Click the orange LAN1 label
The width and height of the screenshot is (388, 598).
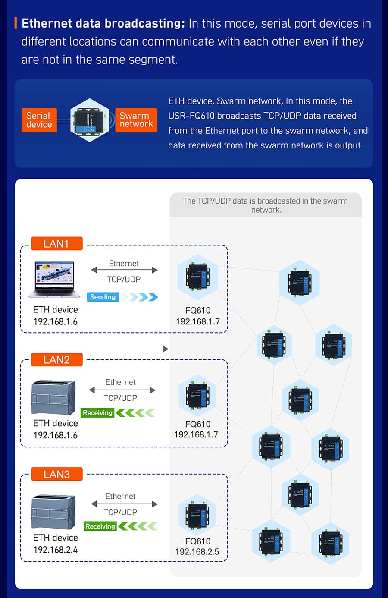point(56,244)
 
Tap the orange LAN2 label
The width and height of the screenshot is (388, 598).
point(56,360)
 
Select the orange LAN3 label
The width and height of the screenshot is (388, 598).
point(56,475)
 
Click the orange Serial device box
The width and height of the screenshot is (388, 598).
point(39,120)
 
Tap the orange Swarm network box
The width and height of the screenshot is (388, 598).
point(136,120)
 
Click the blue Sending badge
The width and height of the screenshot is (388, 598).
point(103,297)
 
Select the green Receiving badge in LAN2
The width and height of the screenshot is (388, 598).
point(97,413)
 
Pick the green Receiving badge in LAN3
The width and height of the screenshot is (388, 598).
point(100,526)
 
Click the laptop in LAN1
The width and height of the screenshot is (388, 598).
point(54,279)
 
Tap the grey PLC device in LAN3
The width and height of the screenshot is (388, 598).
point(53,512)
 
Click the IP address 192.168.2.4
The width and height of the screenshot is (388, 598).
point(56,550)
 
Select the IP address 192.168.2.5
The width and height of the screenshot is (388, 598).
point(197,552)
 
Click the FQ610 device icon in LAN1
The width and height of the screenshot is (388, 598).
point(197,277)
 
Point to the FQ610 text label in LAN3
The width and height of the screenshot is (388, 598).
point(198,541)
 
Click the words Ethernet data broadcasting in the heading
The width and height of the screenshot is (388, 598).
point(103,23)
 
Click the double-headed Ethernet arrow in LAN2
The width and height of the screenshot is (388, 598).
point(122,390)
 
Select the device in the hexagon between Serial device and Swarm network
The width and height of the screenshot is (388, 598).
point(90,120)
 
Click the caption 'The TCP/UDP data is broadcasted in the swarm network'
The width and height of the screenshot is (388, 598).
point(266,205)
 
